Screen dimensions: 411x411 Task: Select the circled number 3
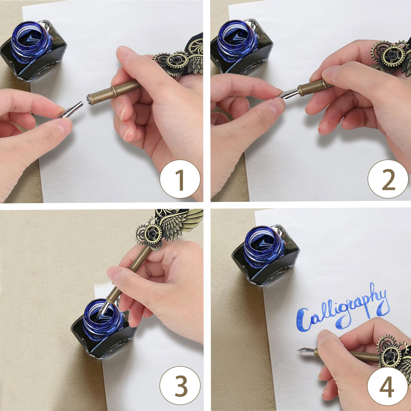click(x=180, y=388)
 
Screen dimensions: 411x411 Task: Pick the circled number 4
click(x=388, y=388)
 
